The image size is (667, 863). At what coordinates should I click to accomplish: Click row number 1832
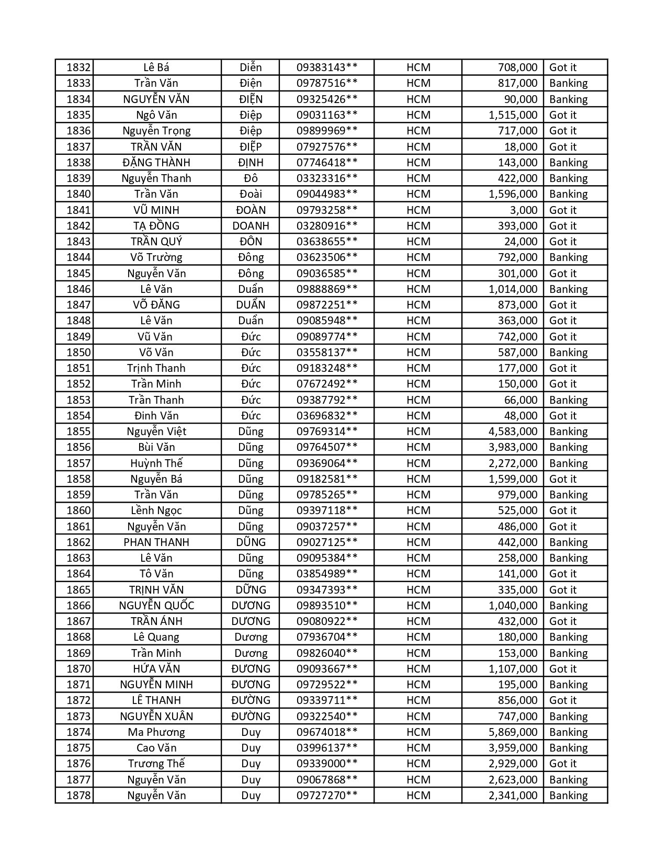[78, 67]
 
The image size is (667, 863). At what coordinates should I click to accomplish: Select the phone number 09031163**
[327, 115]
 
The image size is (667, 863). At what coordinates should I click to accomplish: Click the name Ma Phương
[156, 732]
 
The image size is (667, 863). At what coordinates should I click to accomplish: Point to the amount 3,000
[523, 210]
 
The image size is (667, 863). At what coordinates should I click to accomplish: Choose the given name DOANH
[251, 226]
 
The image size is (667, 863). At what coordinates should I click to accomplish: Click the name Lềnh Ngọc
[156, 510]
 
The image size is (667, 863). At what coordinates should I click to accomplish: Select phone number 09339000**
[327, 764]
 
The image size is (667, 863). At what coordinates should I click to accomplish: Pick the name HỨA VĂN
[156, 669]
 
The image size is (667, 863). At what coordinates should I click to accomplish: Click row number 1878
[78, 796]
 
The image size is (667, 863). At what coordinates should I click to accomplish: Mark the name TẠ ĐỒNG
[156, 226]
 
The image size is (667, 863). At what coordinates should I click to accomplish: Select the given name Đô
[251, 178]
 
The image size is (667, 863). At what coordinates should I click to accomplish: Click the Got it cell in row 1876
[563, 764]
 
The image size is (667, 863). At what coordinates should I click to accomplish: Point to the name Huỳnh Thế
[156, 463]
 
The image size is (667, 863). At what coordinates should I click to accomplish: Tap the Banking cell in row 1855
[568, 432]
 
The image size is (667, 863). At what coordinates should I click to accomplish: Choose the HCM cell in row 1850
[418, 353]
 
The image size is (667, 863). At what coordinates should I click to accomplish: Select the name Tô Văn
[156, 574]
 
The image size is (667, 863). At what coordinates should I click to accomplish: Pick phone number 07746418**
[327, 163]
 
